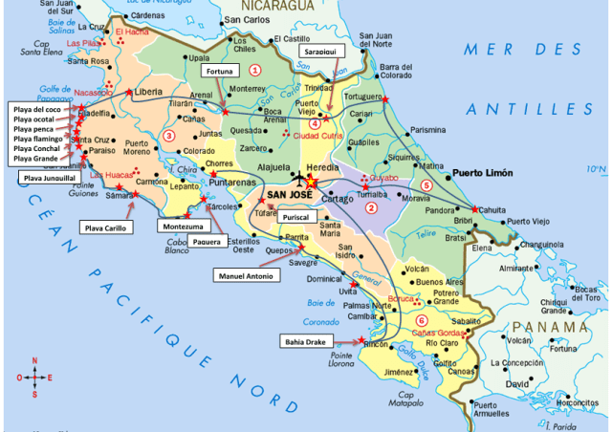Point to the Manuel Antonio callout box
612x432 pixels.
246,275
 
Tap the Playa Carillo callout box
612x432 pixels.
107,227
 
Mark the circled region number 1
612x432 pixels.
254,69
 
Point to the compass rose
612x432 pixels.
35,377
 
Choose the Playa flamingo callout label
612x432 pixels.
38,139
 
